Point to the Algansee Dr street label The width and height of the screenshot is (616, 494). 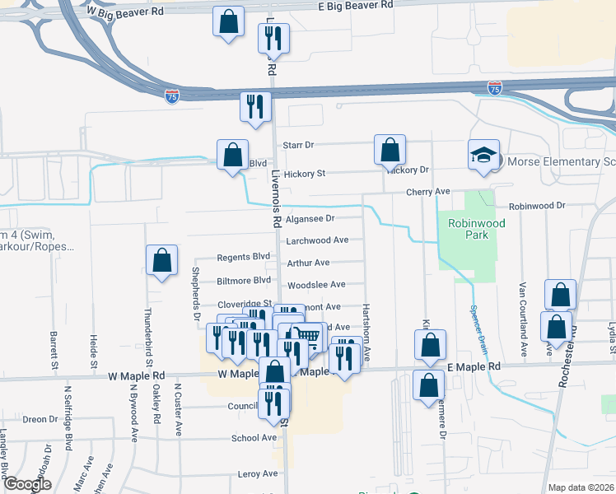310,219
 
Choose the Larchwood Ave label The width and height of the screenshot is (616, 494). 317,240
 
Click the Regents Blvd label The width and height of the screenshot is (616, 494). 244,257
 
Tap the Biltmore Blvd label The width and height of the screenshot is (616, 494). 244,280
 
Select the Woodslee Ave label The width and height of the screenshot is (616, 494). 315,285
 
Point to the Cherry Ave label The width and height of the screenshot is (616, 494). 427,192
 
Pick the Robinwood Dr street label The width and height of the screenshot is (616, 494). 537,205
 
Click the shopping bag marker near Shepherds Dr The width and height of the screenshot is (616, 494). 161,261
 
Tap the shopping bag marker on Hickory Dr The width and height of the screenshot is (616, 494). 390,151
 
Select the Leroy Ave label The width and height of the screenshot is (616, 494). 258,474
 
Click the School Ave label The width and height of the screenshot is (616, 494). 254,438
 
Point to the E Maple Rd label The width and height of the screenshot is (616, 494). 474,366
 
